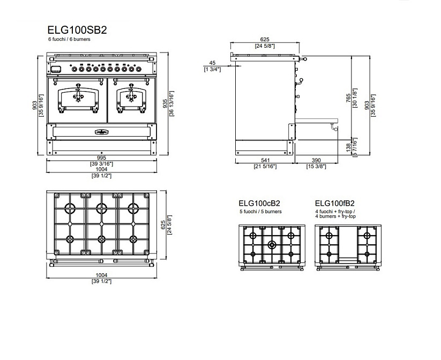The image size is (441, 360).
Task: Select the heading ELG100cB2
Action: pos(259,204)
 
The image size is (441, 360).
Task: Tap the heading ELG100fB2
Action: pos(335,204)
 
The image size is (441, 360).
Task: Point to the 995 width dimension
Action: pos(101,157)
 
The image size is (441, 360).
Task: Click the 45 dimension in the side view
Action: pos(213,63)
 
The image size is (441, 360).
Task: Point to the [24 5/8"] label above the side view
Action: pos(265,46)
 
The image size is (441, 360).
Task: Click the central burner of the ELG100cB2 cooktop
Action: pos(272,245)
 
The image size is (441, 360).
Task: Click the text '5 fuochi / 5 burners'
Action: pos(260,212)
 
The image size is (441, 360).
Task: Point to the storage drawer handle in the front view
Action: pos(101,132)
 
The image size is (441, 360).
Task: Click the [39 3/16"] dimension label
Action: pos(101,163)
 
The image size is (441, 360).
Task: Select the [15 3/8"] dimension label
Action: pos(317,167)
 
